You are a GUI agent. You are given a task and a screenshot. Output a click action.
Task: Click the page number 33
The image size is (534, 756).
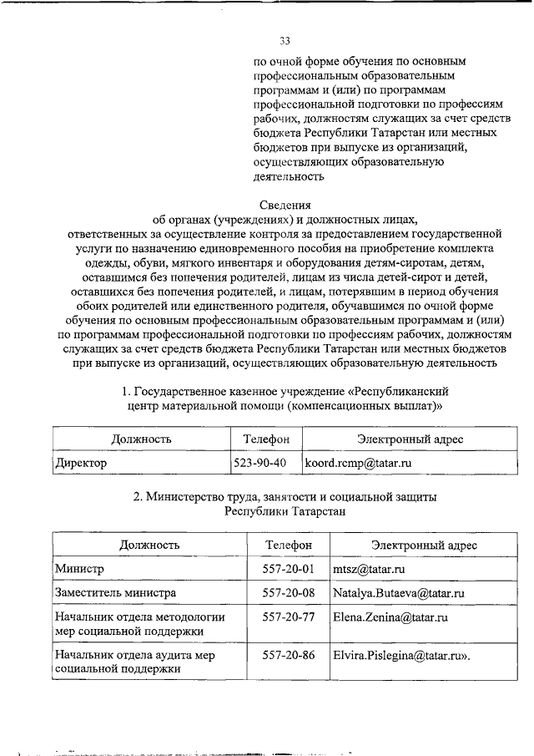285,40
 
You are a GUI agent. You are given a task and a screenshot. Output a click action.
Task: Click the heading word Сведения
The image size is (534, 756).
285,205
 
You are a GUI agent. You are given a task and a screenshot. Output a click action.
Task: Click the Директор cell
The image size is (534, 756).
81,462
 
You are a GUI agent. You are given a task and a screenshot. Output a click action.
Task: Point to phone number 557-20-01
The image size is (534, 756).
288,569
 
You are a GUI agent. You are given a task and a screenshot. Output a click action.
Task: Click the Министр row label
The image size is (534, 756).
79,569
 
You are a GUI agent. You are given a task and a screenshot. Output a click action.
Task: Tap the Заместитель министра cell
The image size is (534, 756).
115,593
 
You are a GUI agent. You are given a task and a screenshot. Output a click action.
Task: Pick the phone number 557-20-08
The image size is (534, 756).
288,593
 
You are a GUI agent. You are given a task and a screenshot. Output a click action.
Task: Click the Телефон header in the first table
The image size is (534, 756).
266,439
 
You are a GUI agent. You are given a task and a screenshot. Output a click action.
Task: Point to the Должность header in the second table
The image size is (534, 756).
149,545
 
